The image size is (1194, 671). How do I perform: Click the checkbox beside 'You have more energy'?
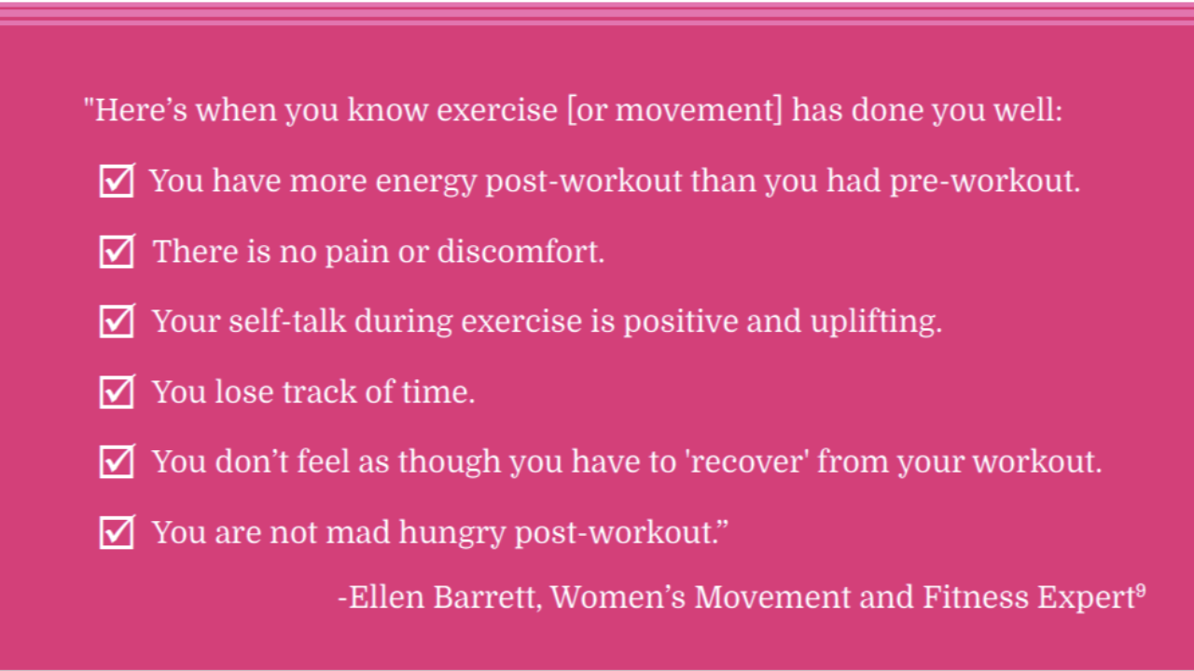(x=117, y=181)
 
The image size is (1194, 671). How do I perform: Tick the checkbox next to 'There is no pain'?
(x=117, y=251)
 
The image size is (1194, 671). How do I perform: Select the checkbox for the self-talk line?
(x=117, y=322)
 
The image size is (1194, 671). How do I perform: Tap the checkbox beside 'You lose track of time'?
(x=117, y=391)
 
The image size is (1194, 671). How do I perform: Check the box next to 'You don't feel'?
(x=117, y=461)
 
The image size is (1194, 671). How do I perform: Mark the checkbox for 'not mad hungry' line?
(x=117, y=532)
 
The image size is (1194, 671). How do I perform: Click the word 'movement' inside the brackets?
(x=695, y=110)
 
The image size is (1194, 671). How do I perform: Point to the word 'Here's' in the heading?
(x=141, y=110)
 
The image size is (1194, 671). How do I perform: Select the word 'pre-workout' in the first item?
(x=985, y=182)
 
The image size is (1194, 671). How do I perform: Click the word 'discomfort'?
(x=521, y=251)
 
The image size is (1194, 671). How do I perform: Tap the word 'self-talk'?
(x=287, y=322)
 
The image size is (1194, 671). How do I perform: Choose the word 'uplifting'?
(x=876, y=322)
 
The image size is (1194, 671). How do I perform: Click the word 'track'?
(x=319, y=392)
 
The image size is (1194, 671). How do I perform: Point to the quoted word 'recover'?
(x=749, y=461)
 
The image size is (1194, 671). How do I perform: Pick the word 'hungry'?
(x=451, y=533)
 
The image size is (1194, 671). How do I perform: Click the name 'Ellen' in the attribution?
(x=386, y=596)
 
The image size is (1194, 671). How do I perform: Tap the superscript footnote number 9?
(x=1141, y=591)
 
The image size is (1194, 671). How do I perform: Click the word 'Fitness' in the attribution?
(x=976, y=596)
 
